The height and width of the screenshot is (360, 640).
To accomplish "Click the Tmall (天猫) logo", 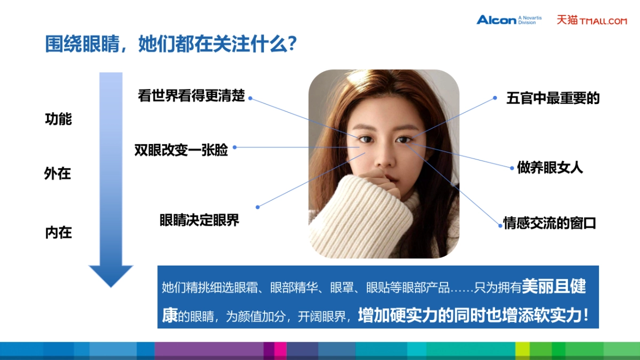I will pos(591,20).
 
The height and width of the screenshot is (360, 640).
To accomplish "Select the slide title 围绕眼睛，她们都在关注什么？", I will pos(171,44).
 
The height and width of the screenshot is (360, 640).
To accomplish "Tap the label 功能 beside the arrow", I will pos(58,119).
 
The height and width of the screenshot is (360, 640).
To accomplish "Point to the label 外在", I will pos(58,174).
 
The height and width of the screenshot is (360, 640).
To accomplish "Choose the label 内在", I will pos(58,233).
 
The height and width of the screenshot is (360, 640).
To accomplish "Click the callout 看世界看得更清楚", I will pos(191,95).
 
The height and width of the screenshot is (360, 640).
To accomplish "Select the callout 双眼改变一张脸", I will pos(181,150).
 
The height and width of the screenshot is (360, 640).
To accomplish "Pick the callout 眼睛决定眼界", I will pos(199,220).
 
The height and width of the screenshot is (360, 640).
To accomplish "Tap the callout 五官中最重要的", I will pos(553,98).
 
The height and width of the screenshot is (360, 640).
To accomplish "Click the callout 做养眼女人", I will pos(550,167).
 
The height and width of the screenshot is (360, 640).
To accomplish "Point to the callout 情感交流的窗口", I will pos(549,223).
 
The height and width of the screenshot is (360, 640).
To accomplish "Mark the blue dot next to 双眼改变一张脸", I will pos(234,147).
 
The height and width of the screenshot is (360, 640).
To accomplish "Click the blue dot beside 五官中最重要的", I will pos(495,98).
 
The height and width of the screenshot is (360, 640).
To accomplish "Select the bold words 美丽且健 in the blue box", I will pos(554,287).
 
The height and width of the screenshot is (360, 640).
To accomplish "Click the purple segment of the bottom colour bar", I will pos(209,350).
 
